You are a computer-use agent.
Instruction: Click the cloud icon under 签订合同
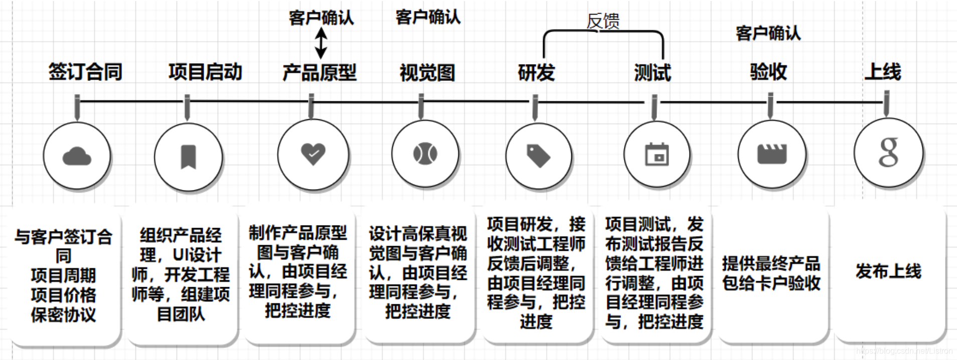77,156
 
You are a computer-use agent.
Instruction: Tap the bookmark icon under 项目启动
188,156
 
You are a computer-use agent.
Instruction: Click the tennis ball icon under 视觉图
425,153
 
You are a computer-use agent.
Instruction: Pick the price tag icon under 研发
538,155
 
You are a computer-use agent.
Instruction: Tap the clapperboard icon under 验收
771,153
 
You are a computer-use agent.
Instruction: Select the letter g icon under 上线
888,152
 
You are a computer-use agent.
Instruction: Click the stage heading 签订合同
85,72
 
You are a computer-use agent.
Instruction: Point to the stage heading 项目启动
205,72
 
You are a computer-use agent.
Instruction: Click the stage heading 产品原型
320,73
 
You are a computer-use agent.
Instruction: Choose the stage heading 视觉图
427,73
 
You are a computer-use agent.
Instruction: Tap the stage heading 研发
536,73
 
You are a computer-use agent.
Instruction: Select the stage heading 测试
652,73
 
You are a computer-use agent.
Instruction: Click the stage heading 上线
883,72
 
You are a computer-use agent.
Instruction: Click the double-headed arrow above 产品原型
321,43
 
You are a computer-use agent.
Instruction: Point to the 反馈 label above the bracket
603,21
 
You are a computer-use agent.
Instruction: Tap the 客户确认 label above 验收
768,34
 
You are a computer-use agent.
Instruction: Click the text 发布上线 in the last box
888,271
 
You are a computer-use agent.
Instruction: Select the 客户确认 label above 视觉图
428,17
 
